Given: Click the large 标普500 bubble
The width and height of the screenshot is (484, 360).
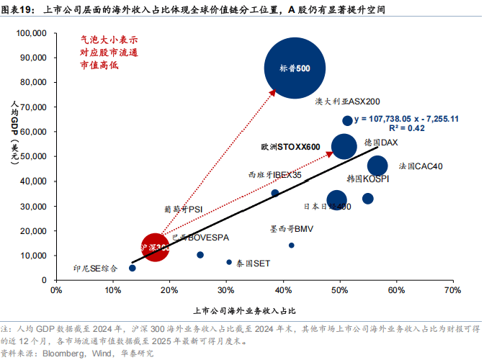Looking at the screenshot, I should [x=294, y=68].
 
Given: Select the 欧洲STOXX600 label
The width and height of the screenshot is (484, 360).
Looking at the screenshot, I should [x=290, y=146].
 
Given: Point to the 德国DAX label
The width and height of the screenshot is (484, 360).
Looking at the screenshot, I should [x=381, y=143].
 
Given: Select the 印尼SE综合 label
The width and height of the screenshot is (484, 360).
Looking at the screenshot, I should [x=95, y=269].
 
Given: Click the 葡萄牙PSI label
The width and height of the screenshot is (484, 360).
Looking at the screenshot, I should [x=183, y=210].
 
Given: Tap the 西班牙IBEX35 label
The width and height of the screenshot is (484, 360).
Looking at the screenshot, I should [x=274, y=174].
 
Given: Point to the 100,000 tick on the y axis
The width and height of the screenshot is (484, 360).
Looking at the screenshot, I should [x=30, y=33].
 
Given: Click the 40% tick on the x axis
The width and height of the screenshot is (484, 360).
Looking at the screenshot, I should [x=282, y=290].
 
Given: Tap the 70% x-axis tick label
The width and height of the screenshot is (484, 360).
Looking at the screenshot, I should [x=452, y=290].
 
